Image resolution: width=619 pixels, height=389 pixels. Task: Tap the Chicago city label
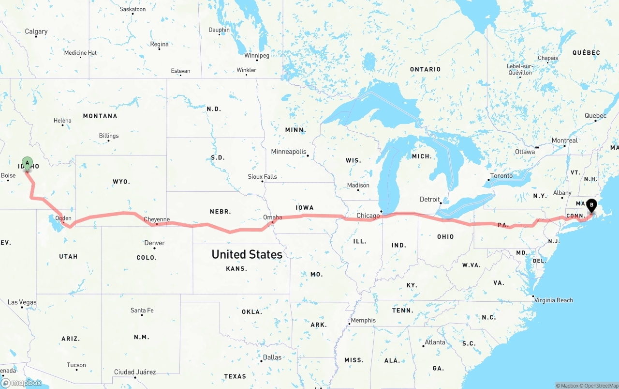[368, 216]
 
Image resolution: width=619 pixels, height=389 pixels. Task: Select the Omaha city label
[272, 218]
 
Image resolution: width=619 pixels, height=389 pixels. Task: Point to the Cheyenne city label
[157, 219]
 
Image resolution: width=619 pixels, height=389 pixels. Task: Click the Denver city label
[154, 243]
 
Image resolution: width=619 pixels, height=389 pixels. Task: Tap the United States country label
[247, 254]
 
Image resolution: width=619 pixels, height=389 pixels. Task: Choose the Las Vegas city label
[22, 302]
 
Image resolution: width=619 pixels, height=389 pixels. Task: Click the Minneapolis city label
[289, 152]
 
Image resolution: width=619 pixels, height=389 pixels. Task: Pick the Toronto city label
[501, 176]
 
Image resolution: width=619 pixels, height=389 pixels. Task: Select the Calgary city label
[36, 31]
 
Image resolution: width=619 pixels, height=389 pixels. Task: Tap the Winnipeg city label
[256, 56]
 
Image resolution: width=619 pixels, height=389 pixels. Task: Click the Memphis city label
[363, 320]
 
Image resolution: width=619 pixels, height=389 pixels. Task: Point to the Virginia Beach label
[553, 300]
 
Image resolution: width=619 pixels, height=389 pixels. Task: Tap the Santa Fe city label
[142, 311]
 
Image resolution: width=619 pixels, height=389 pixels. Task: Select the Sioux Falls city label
[262, 177]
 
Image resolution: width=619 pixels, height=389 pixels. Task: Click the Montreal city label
[564, 140]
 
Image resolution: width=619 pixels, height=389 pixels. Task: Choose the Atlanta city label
[435, 342]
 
